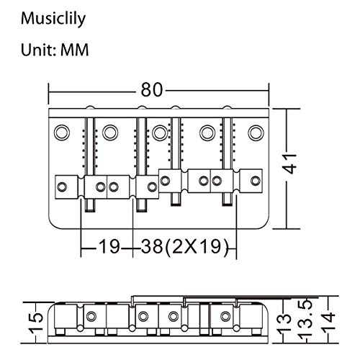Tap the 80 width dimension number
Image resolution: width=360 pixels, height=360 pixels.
pyautogui.click(x=152, y=90)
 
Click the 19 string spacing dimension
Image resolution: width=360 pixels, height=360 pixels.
pyautogui.click(x=109, y=248)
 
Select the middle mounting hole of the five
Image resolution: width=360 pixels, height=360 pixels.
pyautogui.click(x=158, y=132)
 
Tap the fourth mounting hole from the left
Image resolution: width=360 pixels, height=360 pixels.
pyautogui.click(x=207, y=132)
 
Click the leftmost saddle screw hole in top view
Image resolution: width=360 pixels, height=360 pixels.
pyautogui.click(x=63, y=187)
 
